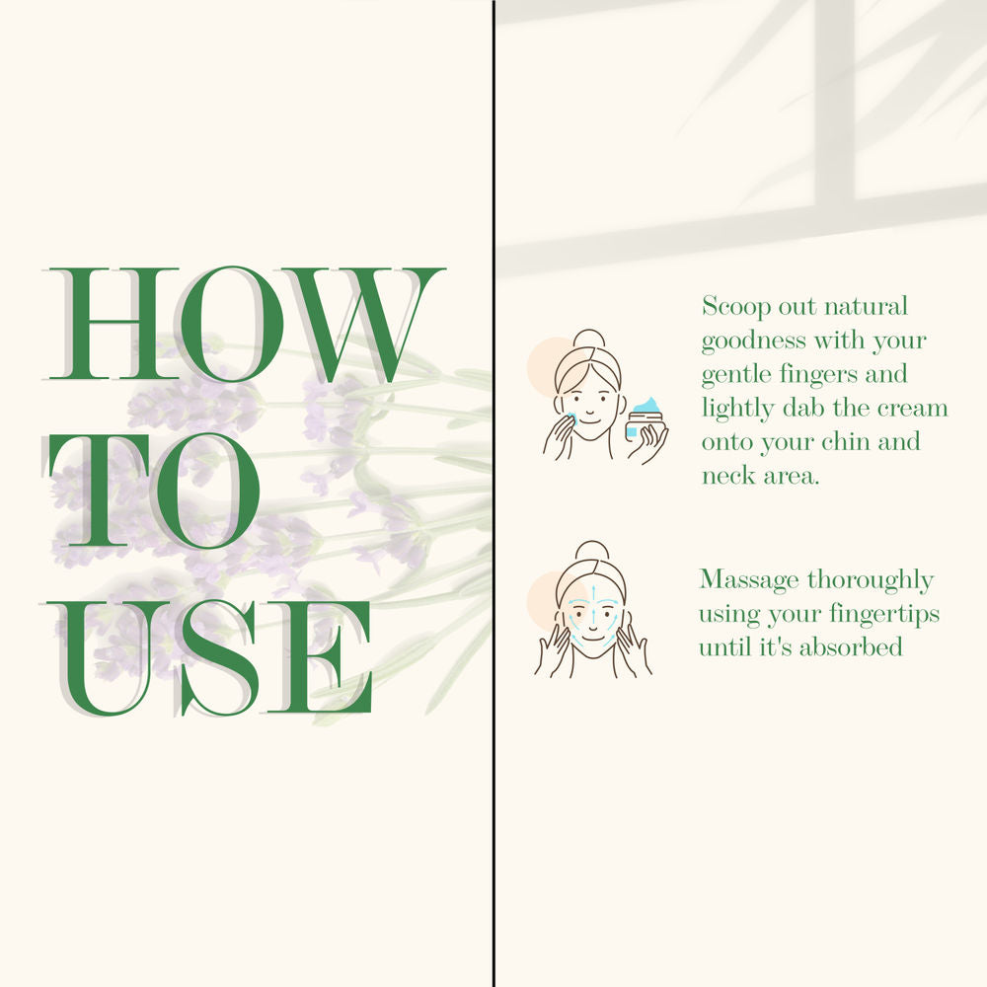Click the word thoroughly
[x=870, y=580]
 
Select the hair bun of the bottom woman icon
[x=591, y=551]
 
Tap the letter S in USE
[x=220, y=658]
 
